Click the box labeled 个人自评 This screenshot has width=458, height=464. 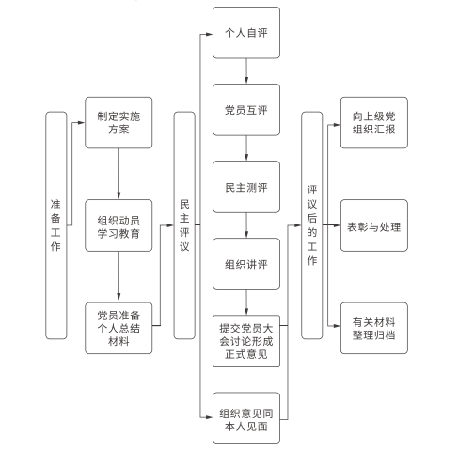[x=246, y=33]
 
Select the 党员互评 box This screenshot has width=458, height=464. [x=246, y=110]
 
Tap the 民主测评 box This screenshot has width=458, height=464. [x=246, y=187]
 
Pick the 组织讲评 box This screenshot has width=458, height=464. [x=246, y=264]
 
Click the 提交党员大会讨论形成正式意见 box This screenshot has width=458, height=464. [x=246, y=341]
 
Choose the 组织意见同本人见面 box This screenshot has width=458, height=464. [x=246, y=418]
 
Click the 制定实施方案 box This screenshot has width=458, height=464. [x=118, y=122]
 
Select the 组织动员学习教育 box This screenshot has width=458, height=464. [x=118, y=225]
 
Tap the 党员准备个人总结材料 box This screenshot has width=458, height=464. [x=118, y=328]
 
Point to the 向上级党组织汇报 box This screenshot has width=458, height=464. [x=374, y=122]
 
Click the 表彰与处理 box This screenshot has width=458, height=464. [x=374, y=225]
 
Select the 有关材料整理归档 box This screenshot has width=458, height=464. [x=374, y=328]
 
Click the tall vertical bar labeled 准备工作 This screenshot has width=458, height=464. [x=56, y=225]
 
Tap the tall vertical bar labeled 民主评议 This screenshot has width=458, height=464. [x=184, y=225]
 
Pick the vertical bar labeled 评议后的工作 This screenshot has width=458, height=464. [x=312, y=225]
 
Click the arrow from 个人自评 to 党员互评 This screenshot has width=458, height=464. [x=246, y=71]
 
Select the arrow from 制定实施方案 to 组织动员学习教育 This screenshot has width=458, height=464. [x=118, y=174]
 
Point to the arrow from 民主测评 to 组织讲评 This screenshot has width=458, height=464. [x=246, y=225]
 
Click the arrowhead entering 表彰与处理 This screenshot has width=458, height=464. [x=337, y=225]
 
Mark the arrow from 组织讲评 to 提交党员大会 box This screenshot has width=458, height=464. [x=246, y=302]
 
